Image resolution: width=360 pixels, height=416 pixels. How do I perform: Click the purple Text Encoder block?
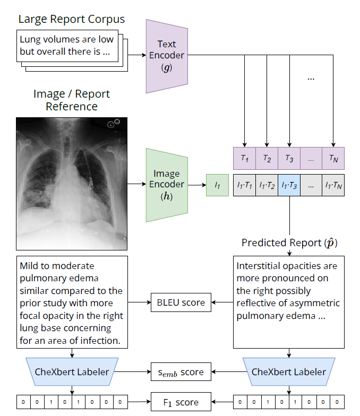click(166, 55)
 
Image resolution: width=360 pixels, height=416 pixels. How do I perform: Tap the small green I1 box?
click(217, 185)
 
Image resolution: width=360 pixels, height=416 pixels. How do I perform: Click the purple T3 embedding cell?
click(289, 158)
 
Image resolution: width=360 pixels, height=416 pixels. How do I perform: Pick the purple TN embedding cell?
click(333, 158)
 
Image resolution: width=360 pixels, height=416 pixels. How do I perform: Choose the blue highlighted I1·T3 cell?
click(289, 185)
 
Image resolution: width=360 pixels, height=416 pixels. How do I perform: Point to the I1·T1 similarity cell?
click(244, 185)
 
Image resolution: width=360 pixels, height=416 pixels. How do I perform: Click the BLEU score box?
click(181, 303)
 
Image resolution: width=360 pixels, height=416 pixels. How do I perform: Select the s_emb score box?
click(181, 372)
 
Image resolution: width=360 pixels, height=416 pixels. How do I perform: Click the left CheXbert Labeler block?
click(71, 371)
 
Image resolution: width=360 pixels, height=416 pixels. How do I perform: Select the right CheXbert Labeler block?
click(289, 371)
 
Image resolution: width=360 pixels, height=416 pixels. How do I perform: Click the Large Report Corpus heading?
click(72, 20)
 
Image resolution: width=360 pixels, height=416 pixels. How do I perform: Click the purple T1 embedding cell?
click(244, 158)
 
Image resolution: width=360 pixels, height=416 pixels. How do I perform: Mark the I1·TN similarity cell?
click(333, 185)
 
